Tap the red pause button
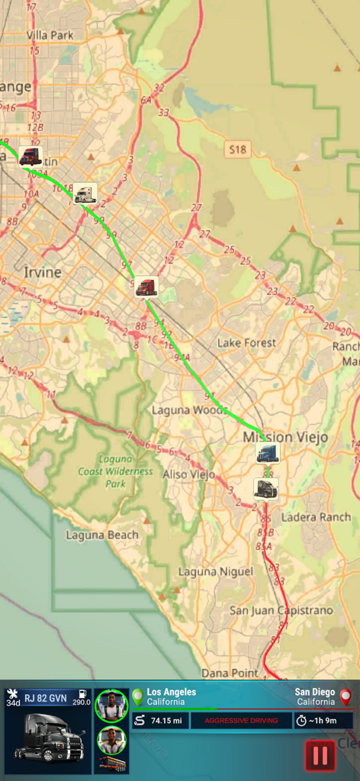(320, 755)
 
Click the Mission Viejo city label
(285, 437)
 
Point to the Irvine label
(42, 272)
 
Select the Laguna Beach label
(102, 535)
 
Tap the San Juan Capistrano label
(281, 610)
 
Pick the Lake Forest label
(246, 343)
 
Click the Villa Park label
(50, 35)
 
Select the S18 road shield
(238, 150)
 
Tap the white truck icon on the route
(85, 194)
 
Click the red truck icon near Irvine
(146, 287)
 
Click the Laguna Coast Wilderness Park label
(115, 471)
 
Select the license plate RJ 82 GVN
(45, 698)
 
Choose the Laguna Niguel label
(216, 571)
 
